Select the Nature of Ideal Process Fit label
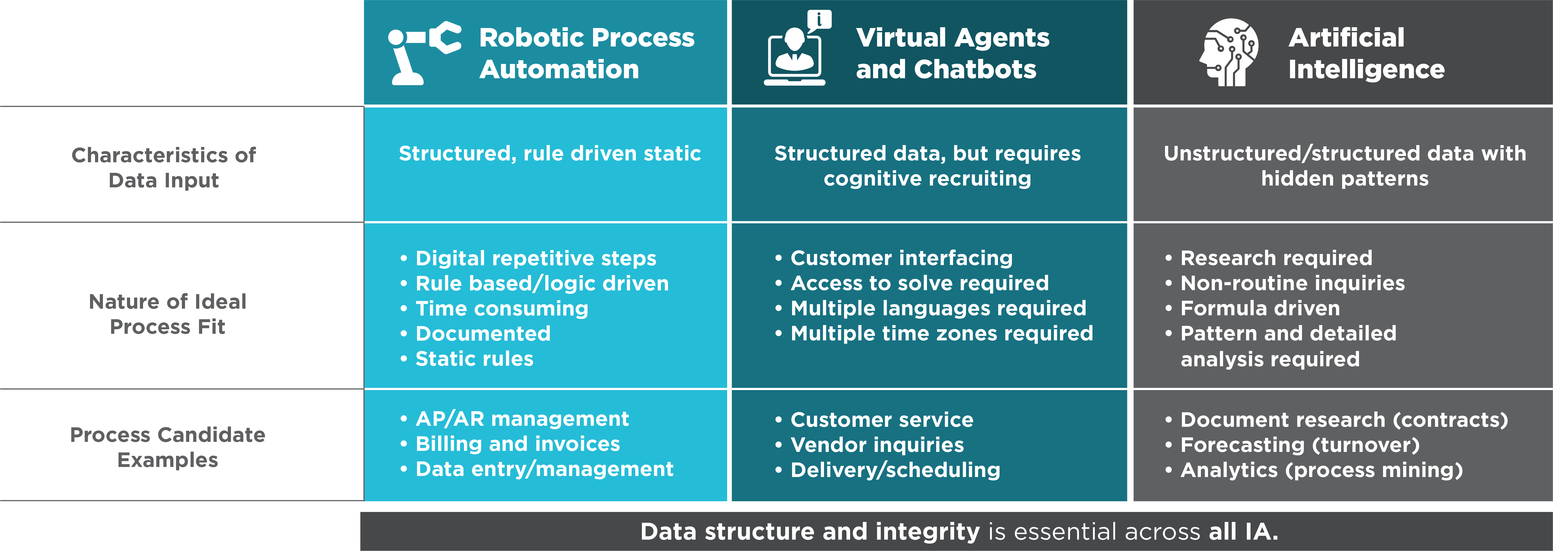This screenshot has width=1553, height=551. pos(168,314)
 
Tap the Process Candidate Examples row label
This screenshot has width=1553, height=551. pos(168,447)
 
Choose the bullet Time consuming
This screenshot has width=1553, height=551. pos(501,308)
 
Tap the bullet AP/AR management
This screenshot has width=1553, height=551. pos(522,419)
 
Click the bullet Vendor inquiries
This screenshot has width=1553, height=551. pos(877,445)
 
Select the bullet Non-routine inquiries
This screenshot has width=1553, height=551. pos(1292,283)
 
